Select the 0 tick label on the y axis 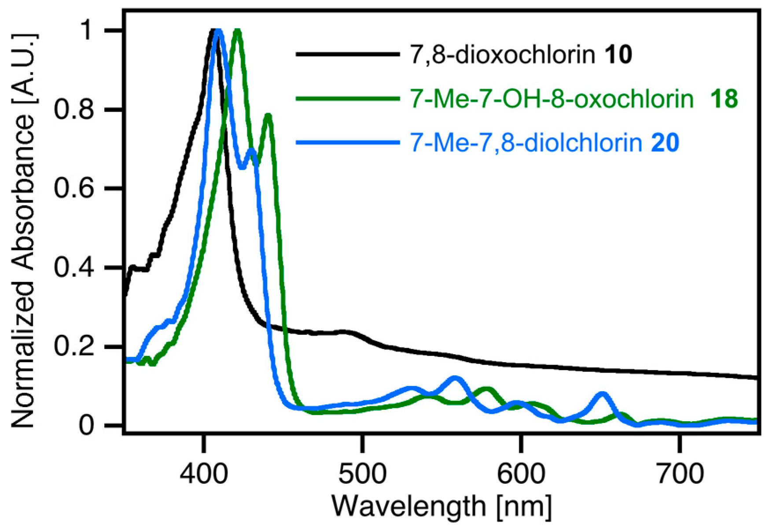[x=86, y=426]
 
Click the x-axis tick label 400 [x=203, y=474]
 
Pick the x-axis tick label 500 [x=362, y=474]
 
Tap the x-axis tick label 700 [x=679, y=474]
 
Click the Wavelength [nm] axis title [x=441, y=507]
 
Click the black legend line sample [x=348, y=54]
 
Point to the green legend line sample [x=348, y=99]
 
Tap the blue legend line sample [x=348, y=142]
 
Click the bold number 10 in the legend [x=618, y=55]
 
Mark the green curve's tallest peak [x=238, y=31]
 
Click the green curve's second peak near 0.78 [x=268, y=115]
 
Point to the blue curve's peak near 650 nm [x=603, y=393]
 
